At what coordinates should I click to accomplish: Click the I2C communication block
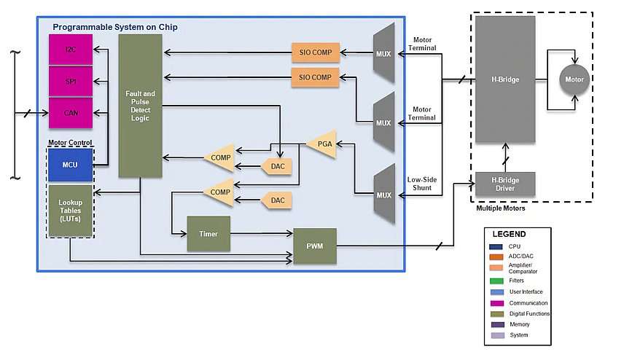click(x=71, y=50)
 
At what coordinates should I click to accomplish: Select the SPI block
click(x=71, y=81)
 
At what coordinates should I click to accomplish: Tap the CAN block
click(x=71, y=113)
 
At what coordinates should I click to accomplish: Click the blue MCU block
click(x=70, y=165)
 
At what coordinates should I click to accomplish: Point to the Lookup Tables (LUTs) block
click(x=71, y=211)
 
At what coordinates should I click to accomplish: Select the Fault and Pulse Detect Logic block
click(x=140, y=106)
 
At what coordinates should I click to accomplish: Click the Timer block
click(x=208, y=234)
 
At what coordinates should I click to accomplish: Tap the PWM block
click(x=315, y=246)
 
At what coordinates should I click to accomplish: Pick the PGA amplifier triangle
click(x=322, y=144)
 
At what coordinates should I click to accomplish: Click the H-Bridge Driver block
click(x=505, y=184)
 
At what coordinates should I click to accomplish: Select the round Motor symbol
click(x=574, y=79)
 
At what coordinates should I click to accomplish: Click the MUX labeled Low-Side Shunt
click(x=384, y=195)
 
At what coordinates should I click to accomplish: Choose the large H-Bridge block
click(x=505, y=79)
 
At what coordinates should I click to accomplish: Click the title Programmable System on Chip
click(x=115, y=27)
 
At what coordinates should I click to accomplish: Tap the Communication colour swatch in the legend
click(x=497, y=303)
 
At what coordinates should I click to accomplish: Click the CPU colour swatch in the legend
click(x=496, y=247)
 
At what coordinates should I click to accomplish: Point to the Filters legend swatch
click(x=496, y=281)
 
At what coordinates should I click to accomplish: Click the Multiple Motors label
click(x=501, y=208)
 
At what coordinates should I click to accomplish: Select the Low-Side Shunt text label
click(x=422, y=184)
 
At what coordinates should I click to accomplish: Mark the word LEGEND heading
click(x=509, y=234)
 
